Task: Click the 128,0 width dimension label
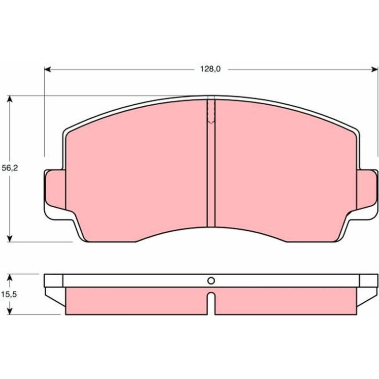(x=210, y=69)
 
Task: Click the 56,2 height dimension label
(x=10, y=168)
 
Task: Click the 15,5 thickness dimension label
(x=9, y=294)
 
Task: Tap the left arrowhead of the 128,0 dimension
(x=47, y=69)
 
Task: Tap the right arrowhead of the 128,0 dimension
(x=375, y=69)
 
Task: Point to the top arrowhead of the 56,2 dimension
(x=9, y=99)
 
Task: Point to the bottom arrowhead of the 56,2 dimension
(x=9, y=239)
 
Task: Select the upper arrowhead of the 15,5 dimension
(x=9, y=277)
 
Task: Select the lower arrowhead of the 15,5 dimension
(x=9, y=311)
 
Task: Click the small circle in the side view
(x=211, y=281)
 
